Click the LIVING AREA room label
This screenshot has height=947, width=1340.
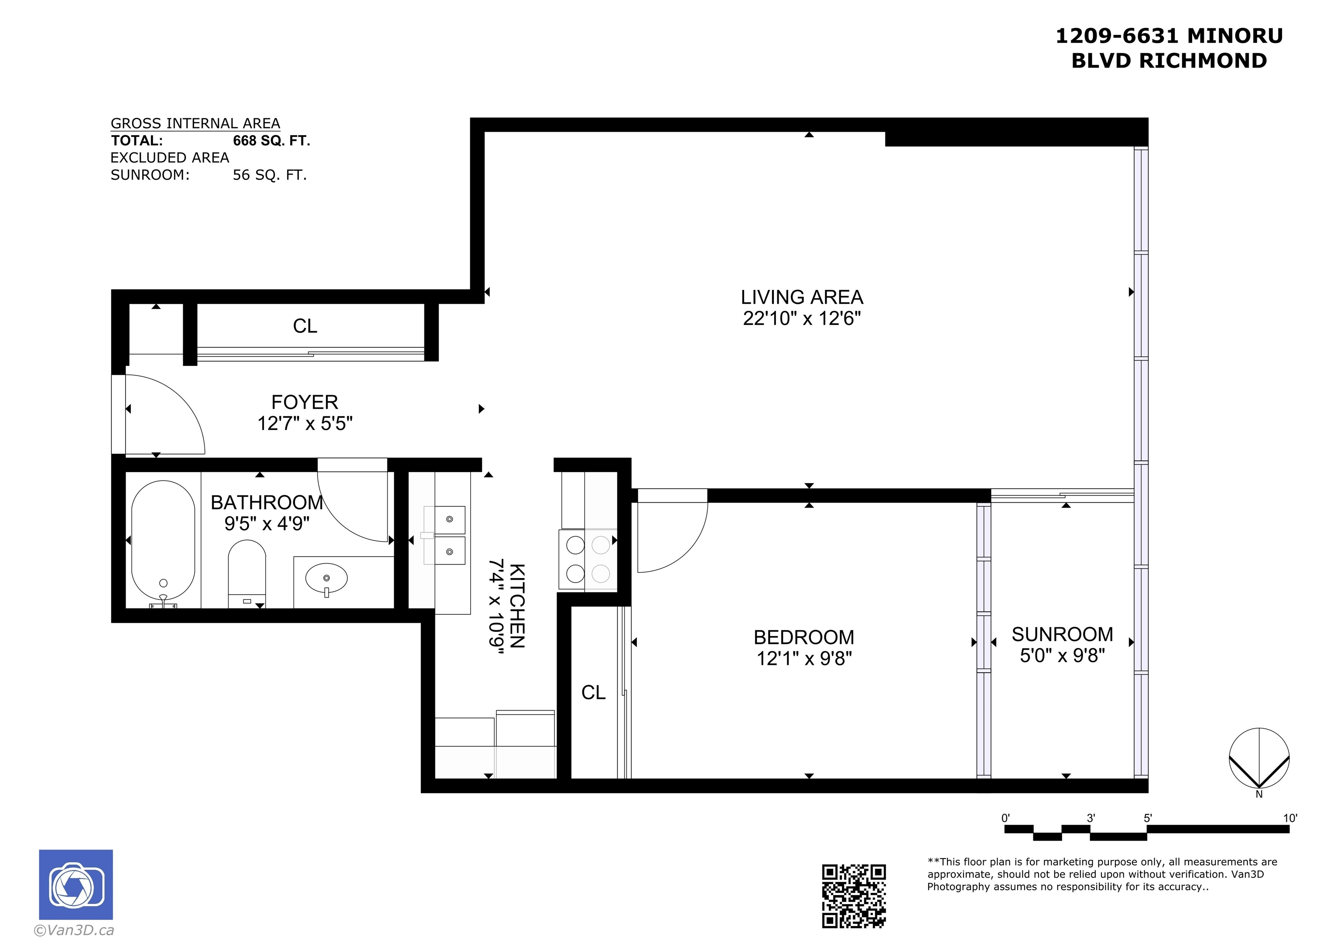click(801, 297)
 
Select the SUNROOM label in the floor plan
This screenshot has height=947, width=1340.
click(1062, 634)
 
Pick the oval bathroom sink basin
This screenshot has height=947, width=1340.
click(326, 578)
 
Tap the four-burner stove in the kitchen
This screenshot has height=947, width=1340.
click(588, 559)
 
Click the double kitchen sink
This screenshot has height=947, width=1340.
click(448, 535)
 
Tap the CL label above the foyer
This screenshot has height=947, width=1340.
click(305, 326)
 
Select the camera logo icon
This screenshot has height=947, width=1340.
click(76, 885)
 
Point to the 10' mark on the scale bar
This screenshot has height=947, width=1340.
click(1290, 818)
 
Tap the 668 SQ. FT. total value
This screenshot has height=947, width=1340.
click(271, 141)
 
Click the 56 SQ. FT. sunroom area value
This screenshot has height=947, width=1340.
click(270, 175)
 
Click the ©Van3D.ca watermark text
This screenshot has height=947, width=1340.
click(74, 930)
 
